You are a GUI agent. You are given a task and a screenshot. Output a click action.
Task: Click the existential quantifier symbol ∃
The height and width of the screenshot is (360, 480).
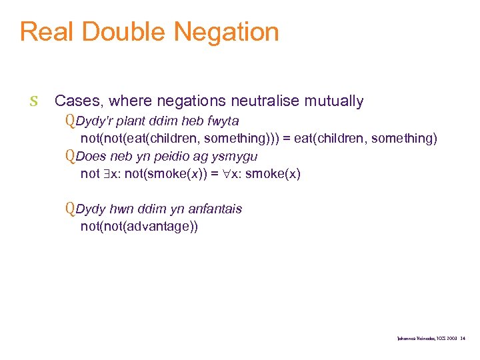click(x=107, y=174)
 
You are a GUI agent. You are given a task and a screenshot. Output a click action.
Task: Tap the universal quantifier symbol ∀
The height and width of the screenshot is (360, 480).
click(x=227, y=174)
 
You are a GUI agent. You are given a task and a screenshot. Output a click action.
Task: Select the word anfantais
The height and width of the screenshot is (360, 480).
click(x=215, y=209)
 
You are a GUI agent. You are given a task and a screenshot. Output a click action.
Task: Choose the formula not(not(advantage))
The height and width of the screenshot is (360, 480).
click(x=139, y=226)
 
